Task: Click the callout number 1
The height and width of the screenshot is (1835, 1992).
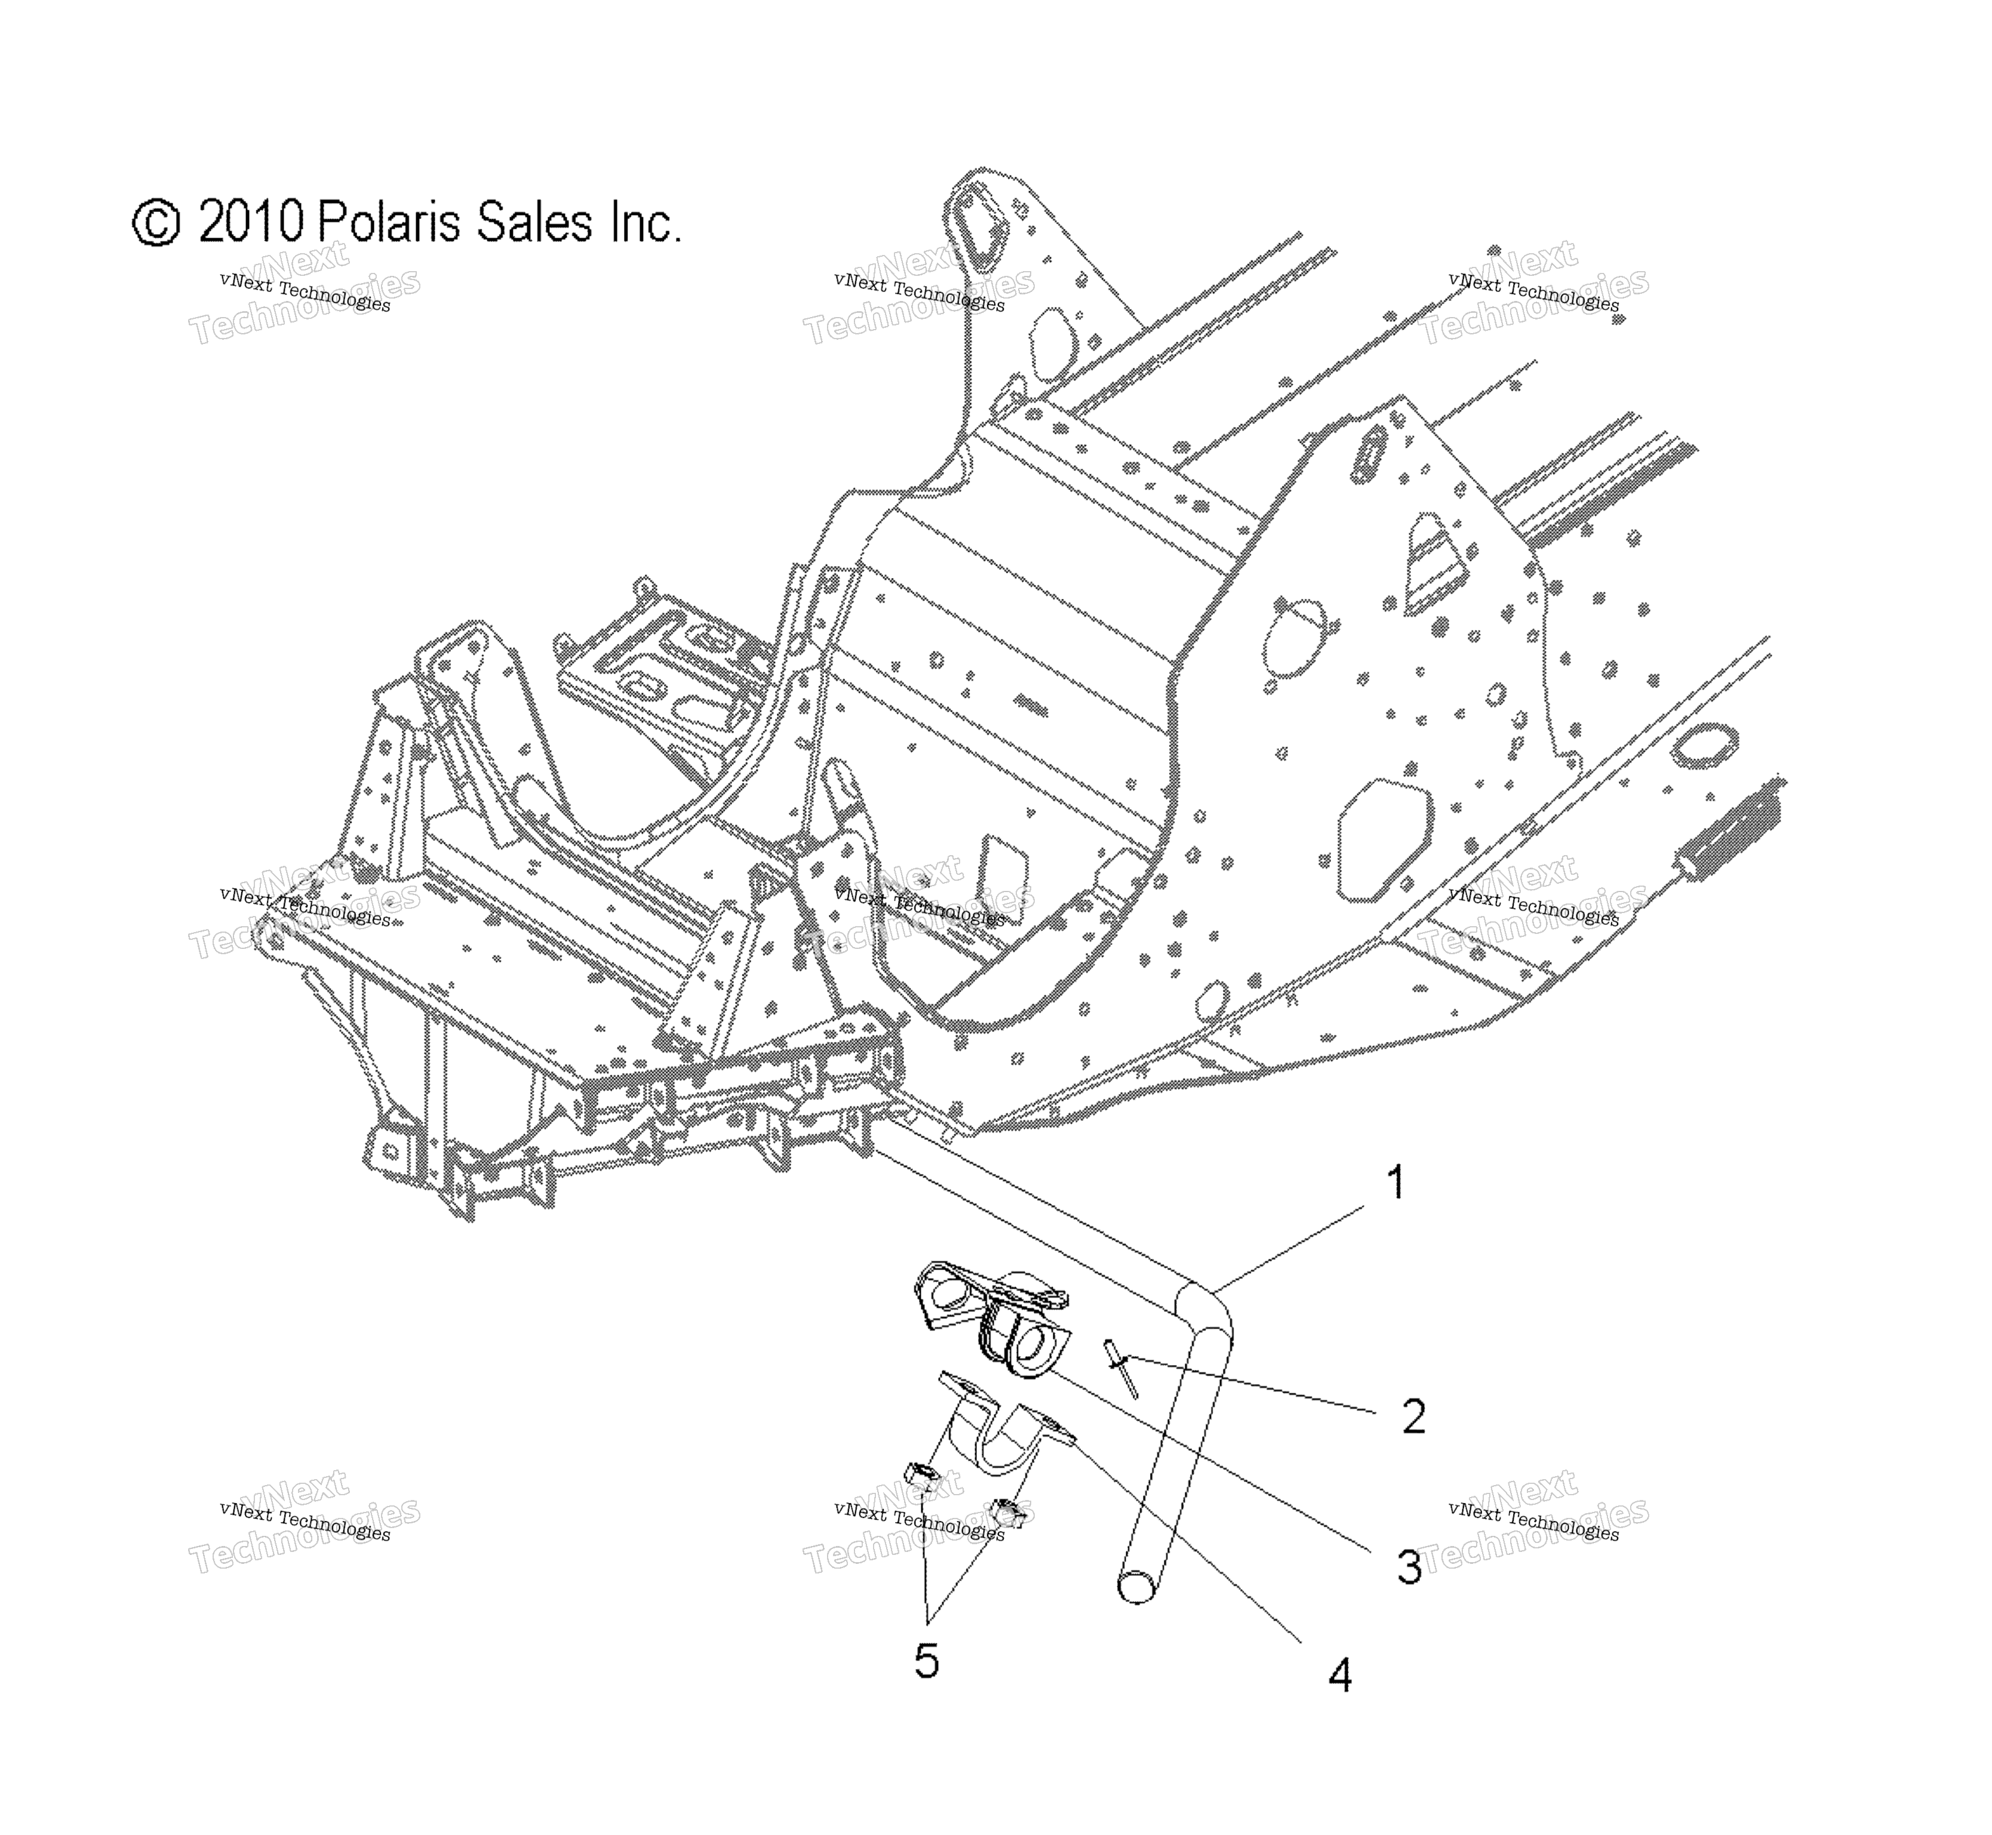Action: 1395,1184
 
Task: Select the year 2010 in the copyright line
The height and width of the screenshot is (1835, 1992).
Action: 250,223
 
